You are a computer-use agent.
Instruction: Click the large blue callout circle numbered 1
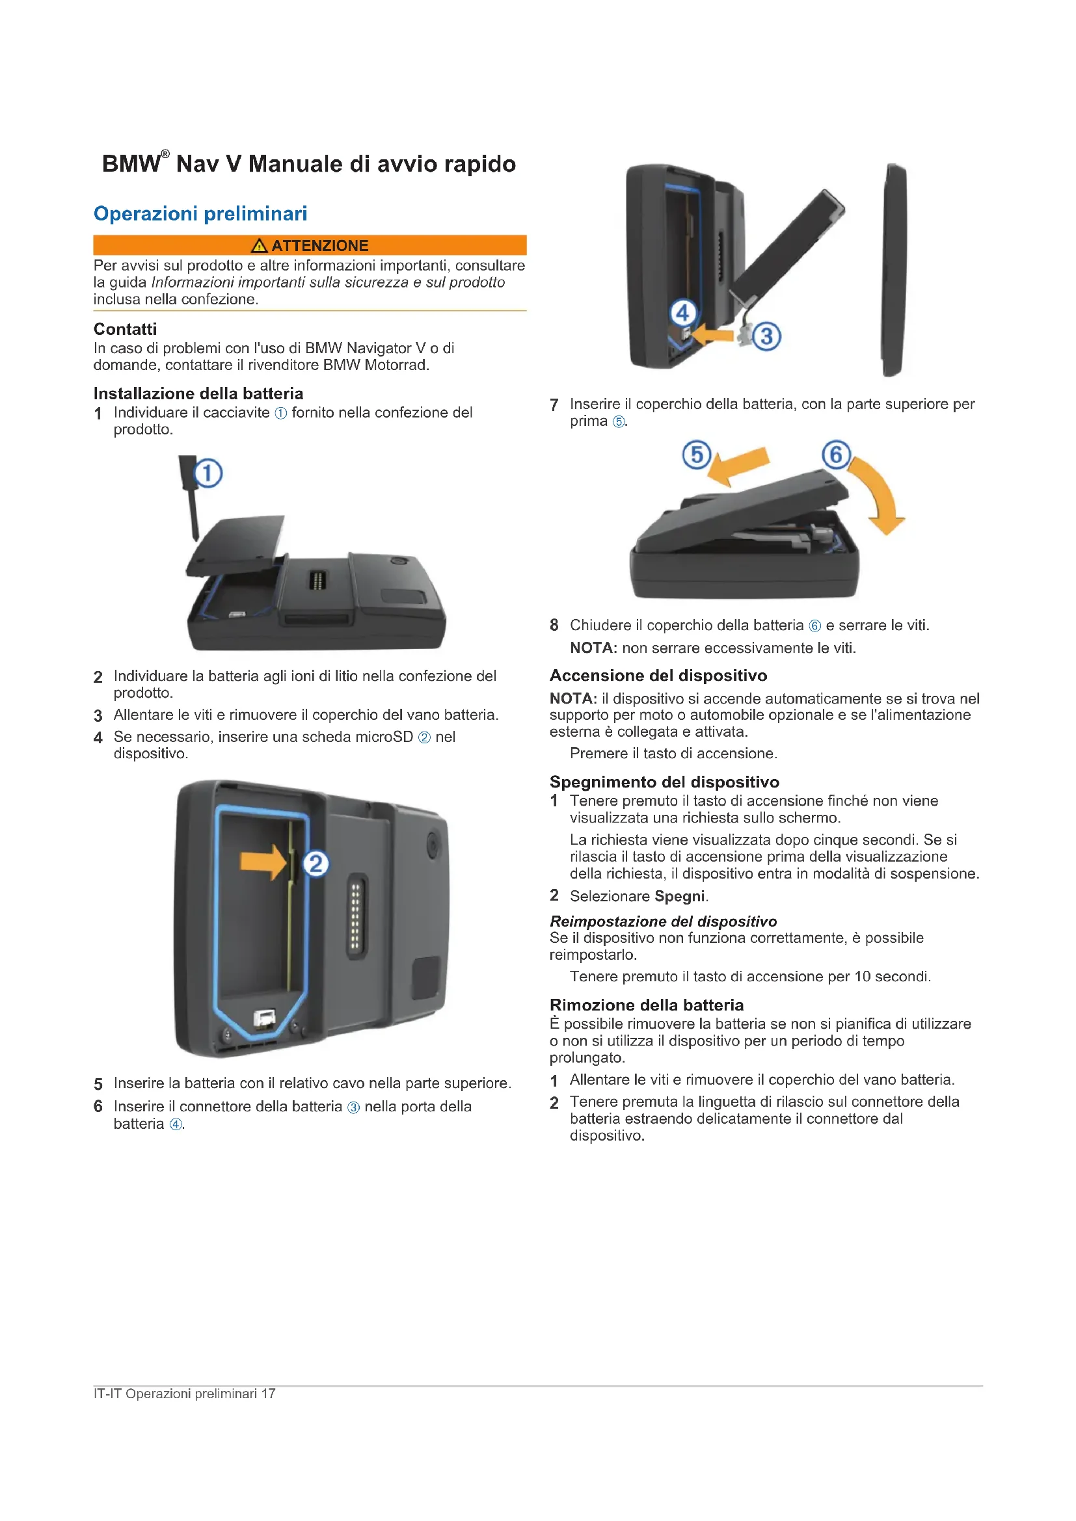point(208,473)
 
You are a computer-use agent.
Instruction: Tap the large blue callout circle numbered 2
point(316,863)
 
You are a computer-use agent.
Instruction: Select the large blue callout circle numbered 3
point(766,336)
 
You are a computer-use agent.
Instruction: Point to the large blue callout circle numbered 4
point(683,312)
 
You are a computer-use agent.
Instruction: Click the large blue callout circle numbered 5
point(696,455)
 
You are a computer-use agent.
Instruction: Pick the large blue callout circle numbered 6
point(836,455)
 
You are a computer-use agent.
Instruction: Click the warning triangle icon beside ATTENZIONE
point(259,246)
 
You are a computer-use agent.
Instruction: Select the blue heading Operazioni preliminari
point(200,213)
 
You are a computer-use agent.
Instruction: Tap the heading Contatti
point(125,329)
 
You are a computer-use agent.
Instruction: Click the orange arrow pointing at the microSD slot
point(263,862)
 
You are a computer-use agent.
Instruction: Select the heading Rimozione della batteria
point(647,1005)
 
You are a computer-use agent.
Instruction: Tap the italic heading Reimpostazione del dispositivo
point(663,921)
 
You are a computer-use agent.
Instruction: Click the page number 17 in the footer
point(268,1393)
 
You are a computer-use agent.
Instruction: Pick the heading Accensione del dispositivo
point(658,675)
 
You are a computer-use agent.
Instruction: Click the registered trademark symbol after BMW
point(165,154)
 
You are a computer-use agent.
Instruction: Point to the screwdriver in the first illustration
point(190,497)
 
